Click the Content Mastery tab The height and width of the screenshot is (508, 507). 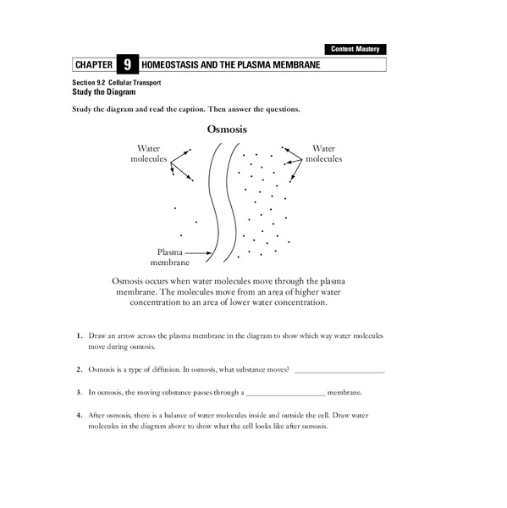pos(355,50)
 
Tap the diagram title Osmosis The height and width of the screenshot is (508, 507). pos(227,130)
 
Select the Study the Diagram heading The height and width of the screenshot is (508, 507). pos(105,92)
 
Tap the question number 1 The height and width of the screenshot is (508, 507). pos(78,336)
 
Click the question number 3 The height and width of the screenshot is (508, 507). pos(78,393)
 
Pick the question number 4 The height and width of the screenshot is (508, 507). pos(78,416)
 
